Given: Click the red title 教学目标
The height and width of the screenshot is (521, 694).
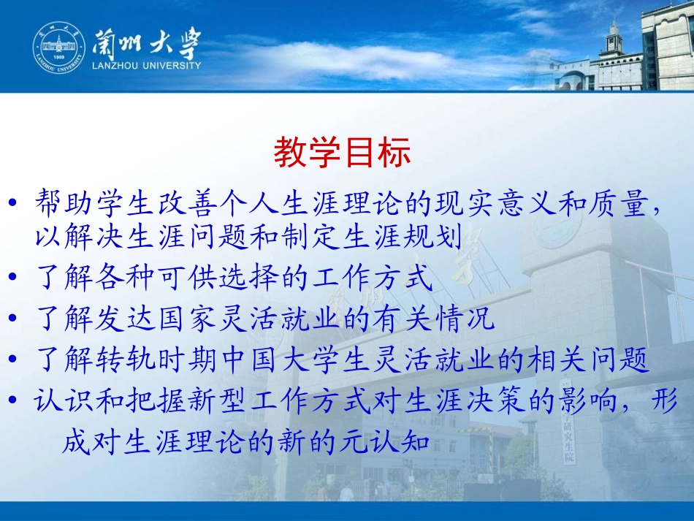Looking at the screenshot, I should (342, 153).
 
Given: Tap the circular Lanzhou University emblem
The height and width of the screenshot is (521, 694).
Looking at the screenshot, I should (58, 50).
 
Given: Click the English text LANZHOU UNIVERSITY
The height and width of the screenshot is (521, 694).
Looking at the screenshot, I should (146, 66).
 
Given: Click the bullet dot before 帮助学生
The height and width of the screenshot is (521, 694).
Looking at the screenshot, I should (16, 205).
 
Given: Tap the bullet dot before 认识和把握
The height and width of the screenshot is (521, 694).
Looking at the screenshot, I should (16, 403).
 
